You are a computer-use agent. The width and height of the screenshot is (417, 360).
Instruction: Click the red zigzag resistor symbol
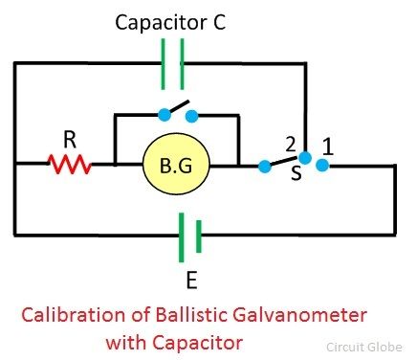pos(70,165)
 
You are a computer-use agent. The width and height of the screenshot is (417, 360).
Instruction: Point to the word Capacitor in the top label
pos(151,20)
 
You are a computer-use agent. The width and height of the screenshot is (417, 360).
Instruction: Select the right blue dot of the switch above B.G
pos(192,116)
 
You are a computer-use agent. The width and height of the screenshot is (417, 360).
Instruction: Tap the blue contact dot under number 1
pos(323,166)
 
